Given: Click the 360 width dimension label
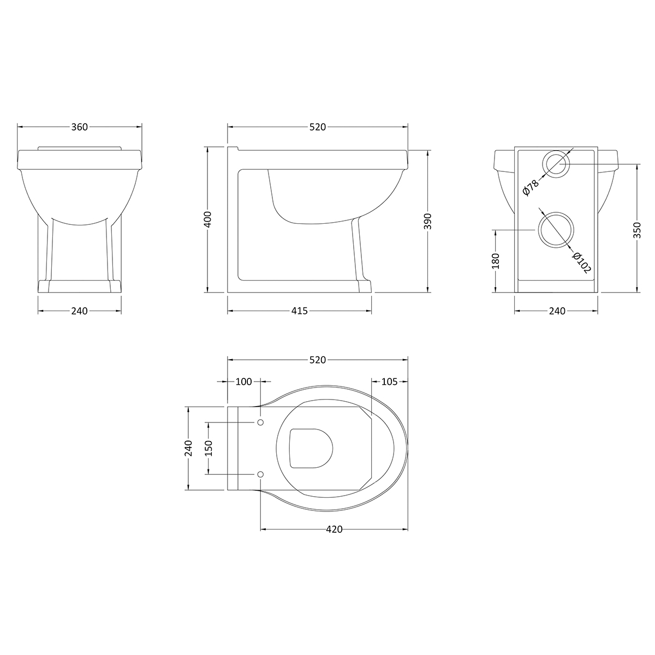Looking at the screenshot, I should (79, 127).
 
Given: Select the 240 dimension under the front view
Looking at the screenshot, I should (79, 311).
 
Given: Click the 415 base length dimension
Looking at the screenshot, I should (300, 311).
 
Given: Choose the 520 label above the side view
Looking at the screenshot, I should (317, 127).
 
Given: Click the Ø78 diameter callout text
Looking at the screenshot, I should (530, 187).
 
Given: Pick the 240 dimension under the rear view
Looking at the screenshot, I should (556, 311).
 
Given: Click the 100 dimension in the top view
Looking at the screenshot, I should (243, 382).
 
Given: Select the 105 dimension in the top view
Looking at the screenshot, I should (389, 382).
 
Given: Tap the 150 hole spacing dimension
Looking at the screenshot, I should (208, 448).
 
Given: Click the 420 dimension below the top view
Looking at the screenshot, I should (334, 529).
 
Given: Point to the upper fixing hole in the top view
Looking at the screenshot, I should (260, 423).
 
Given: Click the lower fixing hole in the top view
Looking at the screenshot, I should (260, 473).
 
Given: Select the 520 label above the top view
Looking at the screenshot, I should (317, 360).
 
